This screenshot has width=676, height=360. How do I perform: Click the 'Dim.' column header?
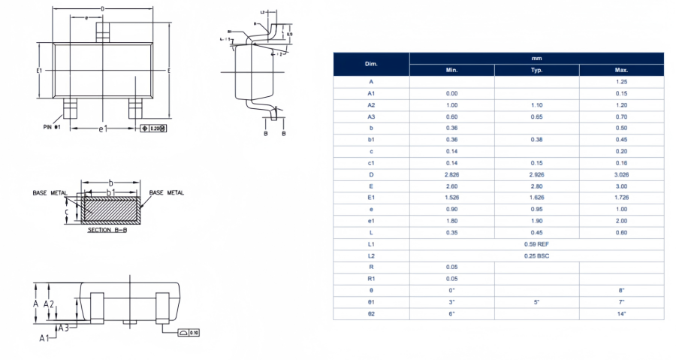point(371,64)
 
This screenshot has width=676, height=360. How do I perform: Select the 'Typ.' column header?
point(536,70)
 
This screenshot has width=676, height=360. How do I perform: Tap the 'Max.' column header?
point(621,70)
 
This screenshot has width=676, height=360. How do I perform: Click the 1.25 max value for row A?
point(621,81)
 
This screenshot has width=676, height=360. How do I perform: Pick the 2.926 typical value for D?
point(536,174)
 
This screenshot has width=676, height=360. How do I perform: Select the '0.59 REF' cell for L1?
point(536,244)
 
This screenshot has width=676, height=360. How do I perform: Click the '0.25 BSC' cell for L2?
point(536,256)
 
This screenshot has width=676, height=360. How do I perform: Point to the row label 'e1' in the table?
point(371,221)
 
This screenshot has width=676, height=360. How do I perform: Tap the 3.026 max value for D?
point(621,174)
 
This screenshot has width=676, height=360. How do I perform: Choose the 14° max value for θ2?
point(621,313)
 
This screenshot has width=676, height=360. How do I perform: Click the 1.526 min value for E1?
point(451,198)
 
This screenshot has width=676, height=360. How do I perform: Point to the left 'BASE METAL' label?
point(50,193)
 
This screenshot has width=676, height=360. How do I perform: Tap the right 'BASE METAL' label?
point(167,193)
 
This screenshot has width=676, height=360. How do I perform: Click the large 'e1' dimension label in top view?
point(104,129)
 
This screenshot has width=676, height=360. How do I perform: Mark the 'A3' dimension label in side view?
point(65,328)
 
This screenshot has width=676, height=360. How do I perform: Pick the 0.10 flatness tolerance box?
point(189,332)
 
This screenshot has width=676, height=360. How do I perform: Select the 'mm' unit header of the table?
point(536,58)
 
